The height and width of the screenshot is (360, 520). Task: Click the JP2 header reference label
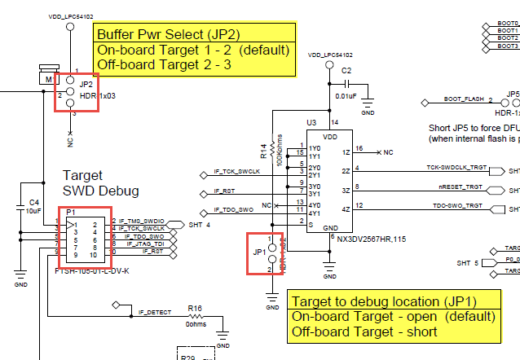point(86,83)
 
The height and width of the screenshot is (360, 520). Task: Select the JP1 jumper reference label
point(259,252)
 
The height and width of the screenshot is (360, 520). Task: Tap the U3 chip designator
point(311,122)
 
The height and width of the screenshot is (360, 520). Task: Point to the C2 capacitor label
point(346,71)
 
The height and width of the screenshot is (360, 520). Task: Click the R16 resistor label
point(195,309)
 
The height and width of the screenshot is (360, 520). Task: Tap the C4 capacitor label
point(33,201)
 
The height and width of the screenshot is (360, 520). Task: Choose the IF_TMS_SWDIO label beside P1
point(142,221)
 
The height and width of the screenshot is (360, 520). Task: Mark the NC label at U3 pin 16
point(388,152)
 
